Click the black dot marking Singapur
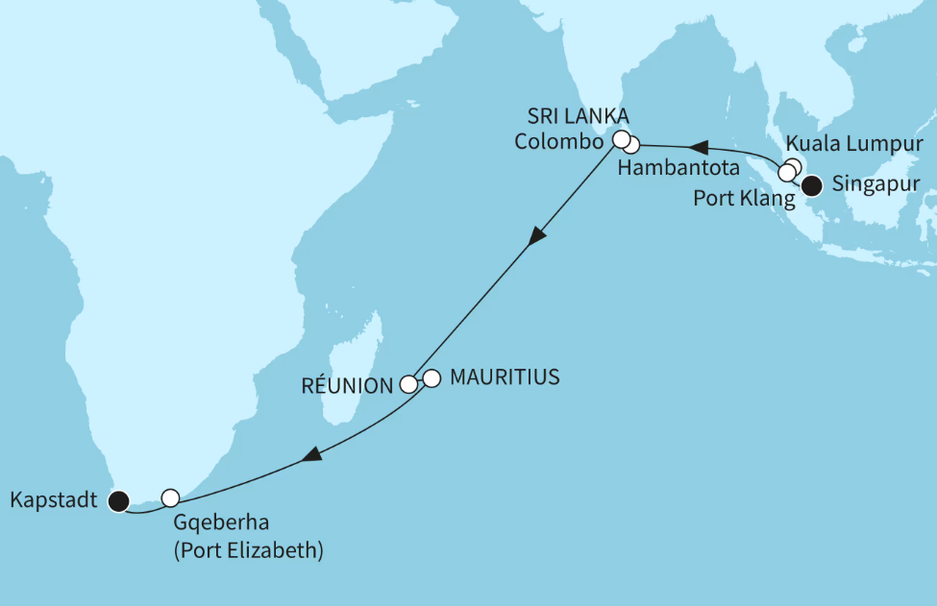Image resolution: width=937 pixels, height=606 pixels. pyautogui.click(x=812, y=185)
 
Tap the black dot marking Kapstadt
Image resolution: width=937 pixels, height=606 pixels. pyautogui.click(x=118, y=499)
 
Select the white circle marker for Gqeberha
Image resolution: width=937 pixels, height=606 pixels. pyautogui.click(x=170, y=497)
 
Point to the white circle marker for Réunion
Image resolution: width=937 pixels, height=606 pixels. pyautogui.click(x=408, y=384)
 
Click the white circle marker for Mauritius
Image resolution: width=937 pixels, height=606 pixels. pyautogui.click(x=431, y=378)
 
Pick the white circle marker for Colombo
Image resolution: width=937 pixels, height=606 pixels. pyautogui.click(x=622, y=138)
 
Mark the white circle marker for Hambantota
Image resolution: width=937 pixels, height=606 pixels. pyautogui.click(x=630, y=146)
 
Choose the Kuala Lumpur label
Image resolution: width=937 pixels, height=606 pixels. pyautogui.click(x=854, y=144)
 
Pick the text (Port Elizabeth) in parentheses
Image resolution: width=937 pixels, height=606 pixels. pyautogui.click(x=249, y=551)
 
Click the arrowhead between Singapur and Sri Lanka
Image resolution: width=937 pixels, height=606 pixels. pyautogui.click(x=701, y=148)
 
